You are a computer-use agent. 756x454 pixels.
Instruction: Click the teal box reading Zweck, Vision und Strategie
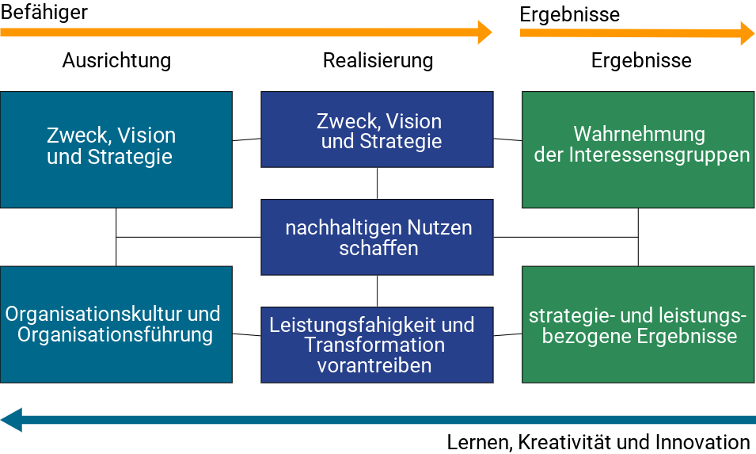pyautogui.click(x=116, y=150)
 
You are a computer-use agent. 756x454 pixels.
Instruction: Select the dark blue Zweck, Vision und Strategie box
pyautogui.click(x=377, y=129)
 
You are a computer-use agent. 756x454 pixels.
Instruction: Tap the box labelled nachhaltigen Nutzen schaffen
pyautogui.click(x=377, y=237)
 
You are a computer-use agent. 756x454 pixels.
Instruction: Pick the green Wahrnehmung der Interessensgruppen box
pyautogui.click(x=638, y=150)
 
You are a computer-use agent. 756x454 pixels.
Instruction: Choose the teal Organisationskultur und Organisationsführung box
pyautogui.click(x=116, y=324)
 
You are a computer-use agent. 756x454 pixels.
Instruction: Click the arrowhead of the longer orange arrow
pyautogui.click(x=484, y=32)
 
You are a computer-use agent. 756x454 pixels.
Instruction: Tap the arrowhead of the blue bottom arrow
pyautogui.click(x=12, y=419)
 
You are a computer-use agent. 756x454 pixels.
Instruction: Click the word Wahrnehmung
pyautogui.click(x=640, y=134)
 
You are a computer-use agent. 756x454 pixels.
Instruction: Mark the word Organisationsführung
pyautogui.click(x=115, y=335)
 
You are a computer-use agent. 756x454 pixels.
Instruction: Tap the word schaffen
pyautogui.click(x=378, y=248)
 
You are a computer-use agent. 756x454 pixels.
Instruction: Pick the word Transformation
pyautogui.click(x=374, y=345)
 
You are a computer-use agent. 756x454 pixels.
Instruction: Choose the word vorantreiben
pyautogui.click(x=374, y=365)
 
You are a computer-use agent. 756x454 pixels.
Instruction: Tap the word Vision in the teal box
pyautogui.click(x=147, y=135)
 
